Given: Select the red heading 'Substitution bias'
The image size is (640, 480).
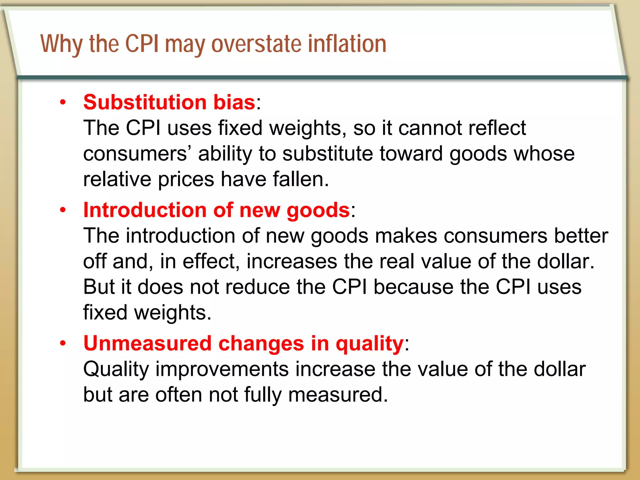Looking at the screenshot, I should (169, 102).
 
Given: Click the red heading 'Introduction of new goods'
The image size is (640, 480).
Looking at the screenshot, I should (216, 210).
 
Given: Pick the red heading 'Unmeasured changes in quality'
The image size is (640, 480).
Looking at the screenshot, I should (243, 343).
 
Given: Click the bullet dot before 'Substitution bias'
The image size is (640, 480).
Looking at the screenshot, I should (63, 102).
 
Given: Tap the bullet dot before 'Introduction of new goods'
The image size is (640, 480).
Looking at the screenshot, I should (63, 210).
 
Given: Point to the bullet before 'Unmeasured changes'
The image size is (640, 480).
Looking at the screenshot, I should (63, 343).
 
